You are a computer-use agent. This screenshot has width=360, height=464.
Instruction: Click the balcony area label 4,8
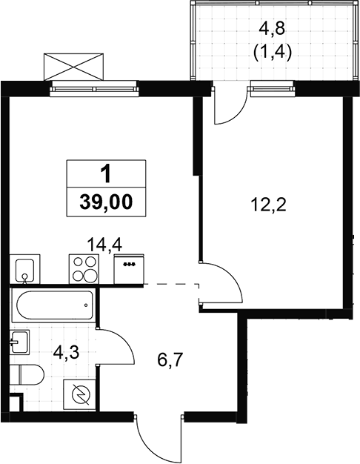click(x=272, y=30)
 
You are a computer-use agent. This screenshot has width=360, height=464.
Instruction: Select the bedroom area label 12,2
click(x=269, y=205)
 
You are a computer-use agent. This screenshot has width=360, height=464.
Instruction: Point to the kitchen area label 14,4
click(x=104, y=245)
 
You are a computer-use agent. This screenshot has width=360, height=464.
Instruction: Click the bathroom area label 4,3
click(x=66, y=353)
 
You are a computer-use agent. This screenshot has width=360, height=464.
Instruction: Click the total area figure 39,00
click(x=106, y=202)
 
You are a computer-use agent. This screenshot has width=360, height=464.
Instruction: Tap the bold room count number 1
click(x=106, y=173)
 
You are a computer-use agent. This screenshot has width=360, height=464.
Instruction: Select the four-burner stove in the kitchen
click(x=84, y=269)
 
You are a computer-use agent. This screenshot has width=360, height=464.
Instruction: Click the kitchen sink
click(x=25, y=269)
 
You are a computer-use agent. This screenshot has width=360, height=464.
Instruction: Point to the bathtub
click(x=53, y=305)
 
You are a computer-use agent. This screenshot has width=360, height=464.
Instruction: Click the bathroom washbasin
click(x=20, y=342)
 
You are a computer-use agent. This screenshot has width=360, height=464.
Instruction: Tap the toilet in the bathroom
click(x=27, y=374)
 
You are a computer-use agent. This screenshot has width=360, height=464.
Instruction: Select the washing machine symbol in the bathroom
click(x=79, y=395)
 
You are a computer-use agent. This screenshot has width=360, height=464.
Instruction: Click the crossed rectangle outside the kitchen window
click(x=73, y=67)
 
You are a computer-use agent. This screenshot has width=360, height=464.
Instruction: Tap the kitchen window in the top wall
click(x=95, y=89)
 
